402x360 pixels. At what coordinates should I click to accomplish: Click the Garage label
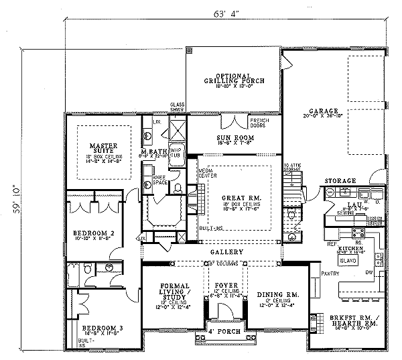click(x=324, y=111)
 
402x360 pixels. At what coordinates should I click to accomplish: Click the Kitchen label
click(x=352, y=248)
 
